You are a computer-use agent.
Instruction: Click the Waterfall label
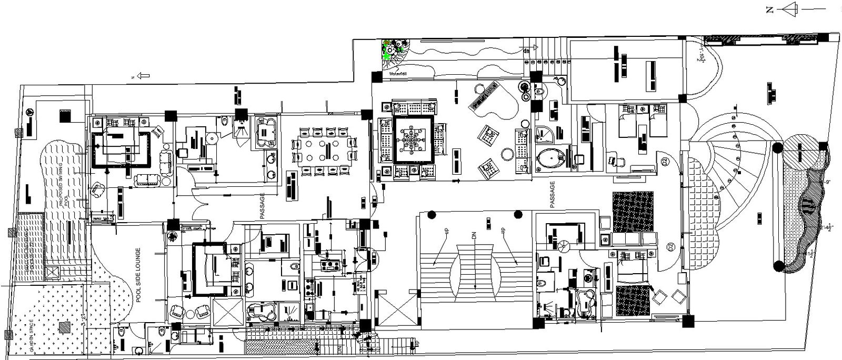point(398,74)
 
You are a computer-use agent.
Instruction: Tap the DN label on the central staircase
point(474,237)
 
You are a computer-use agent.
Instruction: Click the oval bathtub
point(552,157)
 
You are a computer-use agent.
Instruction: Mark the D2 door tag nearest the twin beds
point(665,162)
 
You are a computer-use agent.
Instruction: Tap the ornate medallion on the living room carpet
point(414,139)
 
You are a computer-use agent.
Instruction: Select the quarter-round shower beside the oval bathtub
point(545,134)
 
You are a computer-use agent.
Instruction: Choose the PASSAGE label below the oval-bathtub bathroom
point(552,195)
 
